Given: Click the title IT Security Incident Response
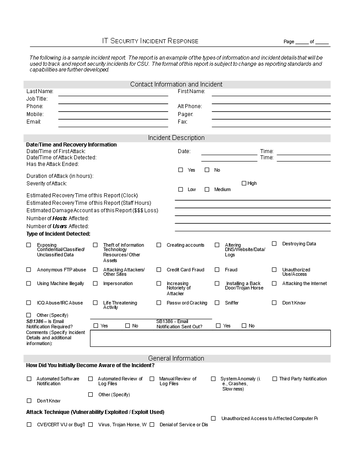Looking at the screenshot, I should (150, 41).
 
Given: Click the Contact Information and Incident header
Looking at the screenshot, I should (176, 84).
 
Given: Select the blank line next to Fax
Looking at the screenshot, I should (271, 124).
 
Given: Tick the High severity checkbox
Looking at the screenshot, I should (244, 183).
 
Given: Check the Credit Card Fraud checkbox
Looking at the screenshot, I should (159, 270).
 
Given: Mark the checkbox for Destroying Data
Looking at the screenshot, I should (274, 244).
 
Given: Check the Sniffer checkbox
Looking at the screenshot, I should (217, 303).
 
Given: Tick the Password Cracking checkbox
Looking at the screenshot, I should (159, 303).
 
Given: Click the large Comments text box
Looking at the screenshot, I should (210, 338).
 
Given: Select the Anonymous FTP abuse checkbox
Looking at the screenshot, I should (29, 270).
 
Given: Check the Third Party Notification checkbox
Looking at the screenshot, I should (274, 379).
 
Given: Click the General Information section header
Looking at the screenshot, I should (176, 358).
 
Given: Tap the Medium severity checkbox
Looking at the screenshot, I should (207, 189).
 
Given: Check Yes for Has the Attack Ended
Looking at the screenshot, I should (180, 170).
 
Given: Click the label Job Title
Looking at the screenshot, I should (37, 99).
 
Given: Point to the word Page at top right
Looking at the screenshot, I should (289, 42).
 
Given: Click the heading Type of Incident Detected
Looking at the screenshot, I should (58, 234).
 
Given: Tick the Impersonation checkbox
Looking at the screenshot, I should (95, 283).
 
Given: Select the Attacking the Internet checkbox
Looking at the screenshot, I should (274, 283).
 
